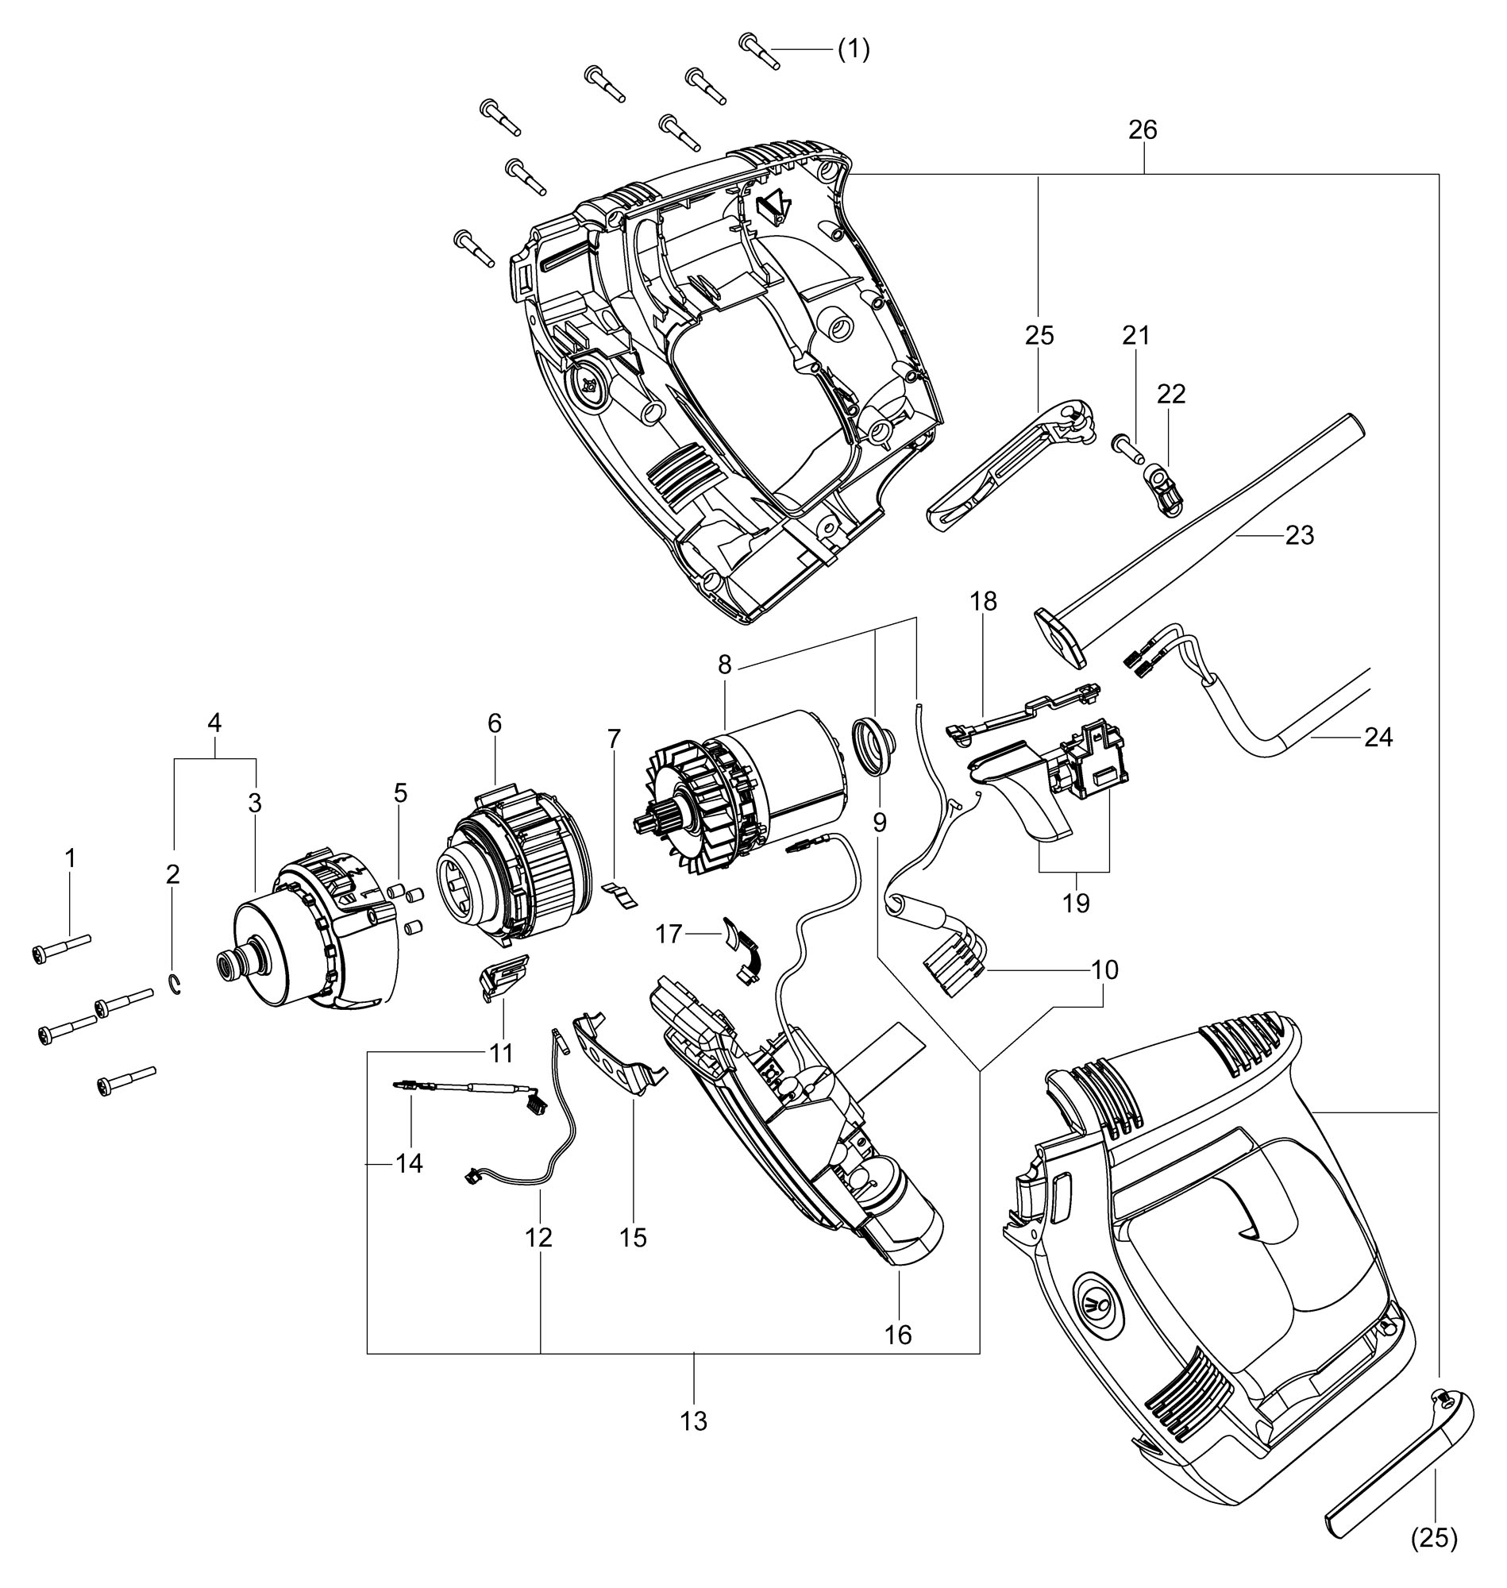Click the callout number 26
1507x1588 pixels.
click(x=1143, y=129)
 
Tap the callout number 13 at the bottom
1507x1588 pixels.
click(x=694, y=1421)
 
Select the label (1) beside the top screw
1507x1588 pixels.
click(x=854, y=50)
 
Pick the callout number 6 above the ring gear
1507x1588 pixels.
click(x=494, y=723)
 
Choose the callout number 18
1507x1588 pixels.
click(x=982, y=601)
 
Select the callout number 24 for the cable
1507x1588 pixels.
click(x=1378, y=737)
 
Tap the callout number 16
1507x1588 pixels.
click(x=898, y=1334)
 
